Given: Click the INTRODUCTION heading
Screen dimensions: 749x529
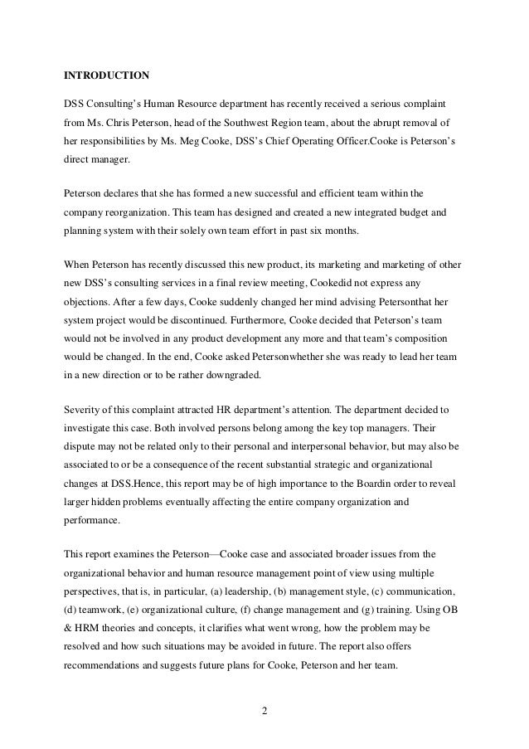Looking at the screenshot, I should [x=107, y=75].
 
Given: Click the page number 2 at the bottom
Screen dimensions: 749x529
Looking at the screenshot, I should [x=264, y=710].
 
